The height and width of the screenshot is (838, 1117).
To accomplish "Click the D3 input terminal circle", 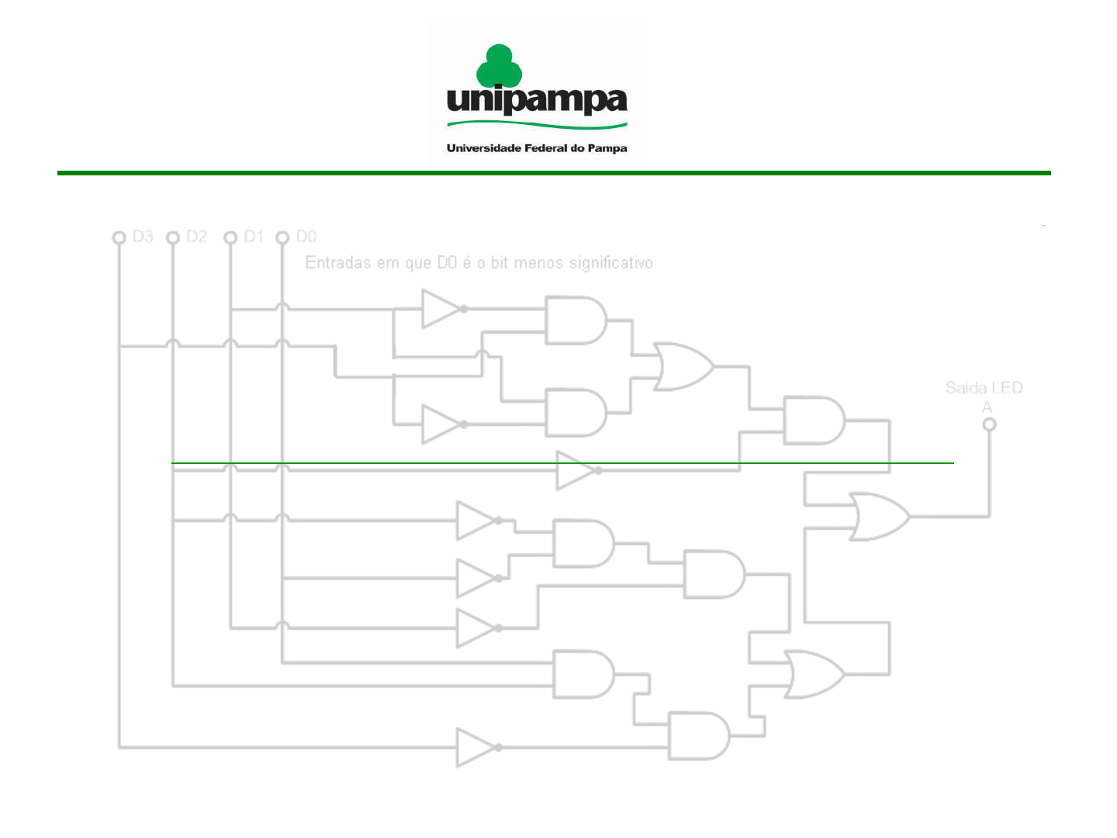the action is pyautogui.click(x=119, y=237).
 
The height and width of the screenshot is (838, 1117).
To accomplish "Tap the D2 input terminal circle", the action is pyautogui.click(x=173, y=237).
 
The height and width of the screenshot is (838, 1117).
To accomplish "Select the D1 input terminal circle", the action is pyautogui.click(x=230, y=237).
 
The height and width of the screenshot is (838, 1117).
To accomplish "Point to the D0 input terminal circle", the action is pyautogui.click(x=282, y=237).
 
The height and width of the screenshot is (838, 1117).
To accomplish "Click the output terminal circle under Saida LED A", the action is pyautogui.click(x=989, y=424).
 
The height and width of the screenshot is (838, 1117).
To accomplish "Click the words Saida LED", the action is pyautogui.click(x=984, y=388).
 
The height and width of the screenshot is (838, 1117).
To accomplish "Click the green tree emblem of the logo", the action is pyautogui.click(x=499, y=66).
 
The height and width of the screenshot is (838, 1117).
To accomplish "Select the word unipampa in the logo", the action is pyautogui.click(x=537, y=101).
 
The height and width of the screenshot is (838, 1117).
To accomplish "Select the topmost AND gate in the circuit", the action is pyautogui.click(x=576, y=320).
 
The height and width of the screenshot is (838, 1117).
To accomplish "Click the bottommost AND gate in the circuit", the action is pyautogui.click(x=699, y=736).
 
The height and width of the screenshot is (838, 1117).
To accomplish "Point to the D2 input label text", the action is pyautogui.click(x=196, y=237).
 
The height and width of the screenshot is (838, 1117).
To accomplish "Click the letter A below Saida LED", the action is pyautogui.click(x=987, y=407).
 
